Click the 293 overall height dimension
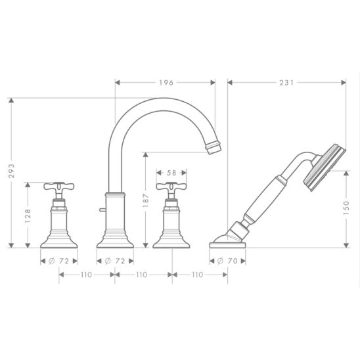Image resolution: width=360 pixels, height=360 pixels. [x=11, y=171]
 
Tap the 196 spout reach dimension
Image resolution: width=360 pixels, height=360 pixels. [x=166, y=83]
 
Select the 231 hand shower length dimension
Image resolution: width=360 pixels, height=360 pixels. [x=286, y=83]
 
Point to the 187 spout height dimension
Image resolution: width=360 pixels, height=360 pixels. [x=146, y=200]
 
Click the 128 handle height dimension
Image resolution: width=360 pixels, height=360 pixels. [x=28, y=216]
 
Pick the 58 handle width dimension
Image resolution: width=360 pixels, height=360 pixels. [x=171, y=173]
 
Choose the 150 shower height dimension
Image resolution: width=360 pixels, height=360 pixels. [x=346, y=208]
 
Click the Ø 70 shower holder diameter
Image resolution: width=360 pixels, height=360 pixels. [x=227, y=261]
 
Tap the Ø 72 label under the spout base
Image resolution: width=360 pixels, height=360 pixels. [x=115, y=261]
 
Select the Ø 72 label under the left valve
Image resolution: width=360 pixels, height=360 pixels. [x=58, y=261]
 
